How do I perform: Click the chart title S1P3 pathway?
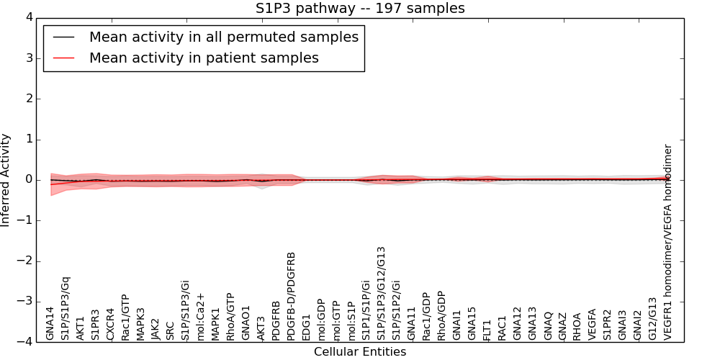tap(360, 9)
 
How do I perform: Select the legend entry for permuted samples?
tap(223, 37)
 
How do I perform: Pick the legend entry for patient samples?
tap(204, 58)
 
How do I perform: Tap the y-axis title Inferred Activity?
tap(6, 180)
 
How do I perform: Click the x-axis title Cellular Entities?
tap(360, 352)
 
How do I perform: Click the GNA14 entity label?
tap(50, 323)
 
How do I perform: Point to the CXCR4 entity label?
tap(110, 324)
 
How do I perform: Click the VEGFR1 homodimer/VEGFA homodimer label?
tap(668, 242)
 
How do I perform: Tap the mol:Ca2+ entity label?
tap(201, 318)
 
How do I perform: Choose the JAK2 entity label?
tap(156, 328)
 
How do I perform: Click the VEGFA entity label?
tap(592, 325)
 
